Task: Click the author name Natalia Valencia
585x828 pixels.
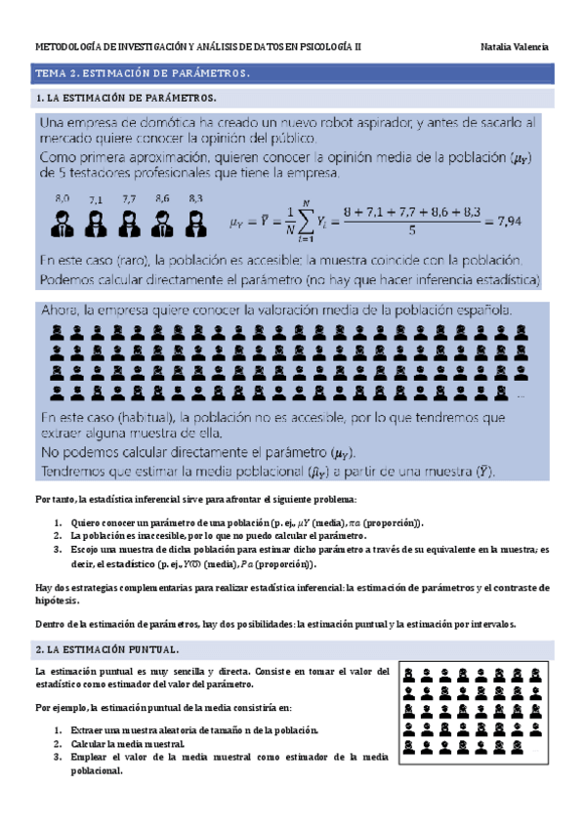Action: pyautogui.click(x=516, y=46)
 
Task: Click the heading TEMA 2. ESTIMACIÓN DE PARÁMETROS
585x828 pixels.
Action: pyautogui.click(x=143, y=73)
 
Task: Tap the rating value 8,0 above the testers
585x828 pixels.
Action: pyautogui.click(x=63, y=198)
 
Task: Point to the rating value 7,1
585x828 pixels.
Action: pyautogui.click(x=95, y=199)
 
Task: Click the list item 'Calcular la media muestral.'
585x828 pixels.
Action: pyautogui.click(x=127, y=742)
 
